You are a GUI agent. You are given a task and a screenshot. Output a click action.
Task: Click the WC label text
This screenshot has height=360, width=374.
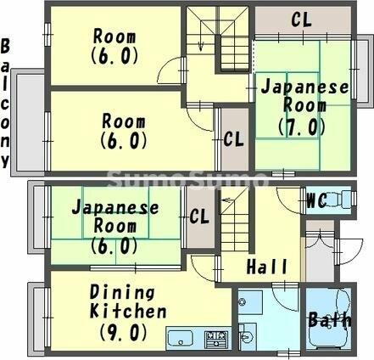pos(316,201)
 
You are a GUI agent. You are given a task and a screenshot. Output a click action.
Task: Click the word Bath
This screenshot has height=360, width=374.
pos(325,321)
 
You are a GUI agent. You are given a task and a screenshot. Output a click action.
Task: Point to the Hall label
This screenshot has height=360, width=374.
pos(266,267)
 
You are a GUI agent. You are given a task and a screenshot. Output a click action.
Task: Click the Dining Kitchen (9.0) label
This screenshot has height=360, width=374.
pos(128,312)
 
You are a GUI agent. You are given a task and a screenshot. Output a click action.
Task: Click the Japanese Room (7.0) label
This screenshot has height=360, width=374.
pos(304,107)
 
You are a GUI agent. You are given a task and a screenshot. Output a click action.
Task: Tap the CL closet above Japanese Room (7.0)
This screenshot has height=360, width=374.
pos(300,19)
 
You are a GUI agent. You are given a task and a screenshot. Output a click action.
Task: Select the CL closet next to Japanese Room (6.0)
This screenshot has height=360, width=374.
pos(199,217)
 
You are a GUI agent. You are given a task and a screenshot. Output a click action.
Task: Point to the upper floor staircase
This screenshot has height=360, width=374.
pos(219,38)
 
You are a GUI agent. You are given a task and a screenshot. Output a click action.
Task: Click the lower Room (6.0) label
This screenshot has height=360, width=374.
pos(124,131)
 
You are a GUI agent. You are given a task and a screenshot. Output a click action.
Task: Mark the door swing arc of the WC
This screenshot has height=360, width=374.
pos(291,204)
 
